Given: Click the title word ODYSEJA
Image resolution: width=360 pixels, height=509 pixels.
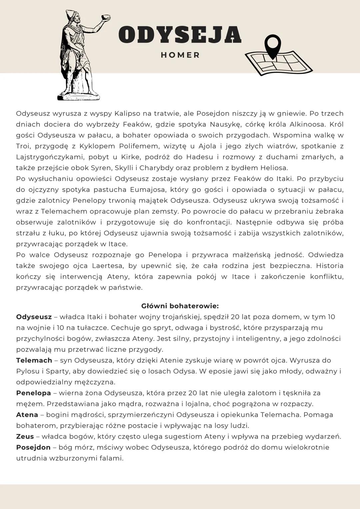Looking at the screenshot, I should click(x=180, y=35).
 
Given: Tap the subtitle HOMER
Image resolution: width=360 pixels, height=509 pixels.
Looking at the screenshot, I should click(x=180, y=55).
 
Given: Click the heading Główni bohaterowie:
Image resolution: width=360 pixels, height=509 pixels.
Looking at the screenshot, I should click(x=180, y=306).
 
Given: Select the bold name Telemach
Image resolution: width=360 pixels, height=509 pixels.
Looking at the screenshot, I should click(x=34, y=360).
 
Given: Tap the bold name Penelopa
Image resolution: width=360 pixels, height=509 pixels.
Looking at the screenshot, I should click(x=33, y=393).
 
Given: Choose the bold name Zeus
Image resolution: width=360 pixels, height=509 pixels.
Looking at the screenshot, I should click(x=25, y=436).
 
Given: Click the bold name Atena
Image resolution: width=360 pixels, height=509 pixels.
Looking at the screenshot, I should click(x=27, y=415).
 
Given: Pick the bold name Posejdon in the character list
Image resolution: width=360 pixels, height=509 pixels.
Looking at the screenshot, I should click(x=33, y=447).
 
